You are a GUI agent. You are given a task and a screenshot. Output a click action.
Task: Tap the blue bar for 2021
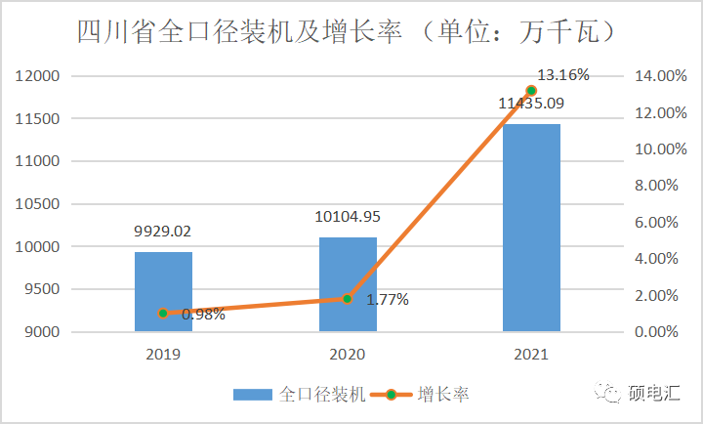tap(531, 228)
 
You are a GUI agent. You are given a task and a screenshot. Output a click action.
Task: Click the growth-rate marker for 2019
tap(163, 313)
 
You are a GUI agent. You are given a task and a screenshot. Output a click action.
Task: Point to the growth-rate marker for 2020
tap(348, 298)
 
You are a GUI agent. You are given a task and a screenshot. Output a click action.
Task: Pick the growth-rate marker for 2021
tap(531, 90)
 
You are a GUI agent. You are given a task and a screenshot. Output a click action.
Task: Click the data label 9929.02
tap(163, 233)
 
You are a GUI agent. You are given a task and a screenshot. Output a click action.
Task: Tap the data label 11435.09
tap(531, 103)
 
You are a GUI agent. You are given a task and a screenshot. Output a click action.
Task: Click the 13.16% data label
tap(563, 74)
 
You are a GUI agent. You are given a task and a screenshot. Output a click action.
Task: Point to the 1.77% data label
tap(387, 299)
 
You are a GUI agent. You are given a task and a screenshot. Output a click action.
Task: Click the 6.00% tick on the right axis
tap(647, 223)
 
